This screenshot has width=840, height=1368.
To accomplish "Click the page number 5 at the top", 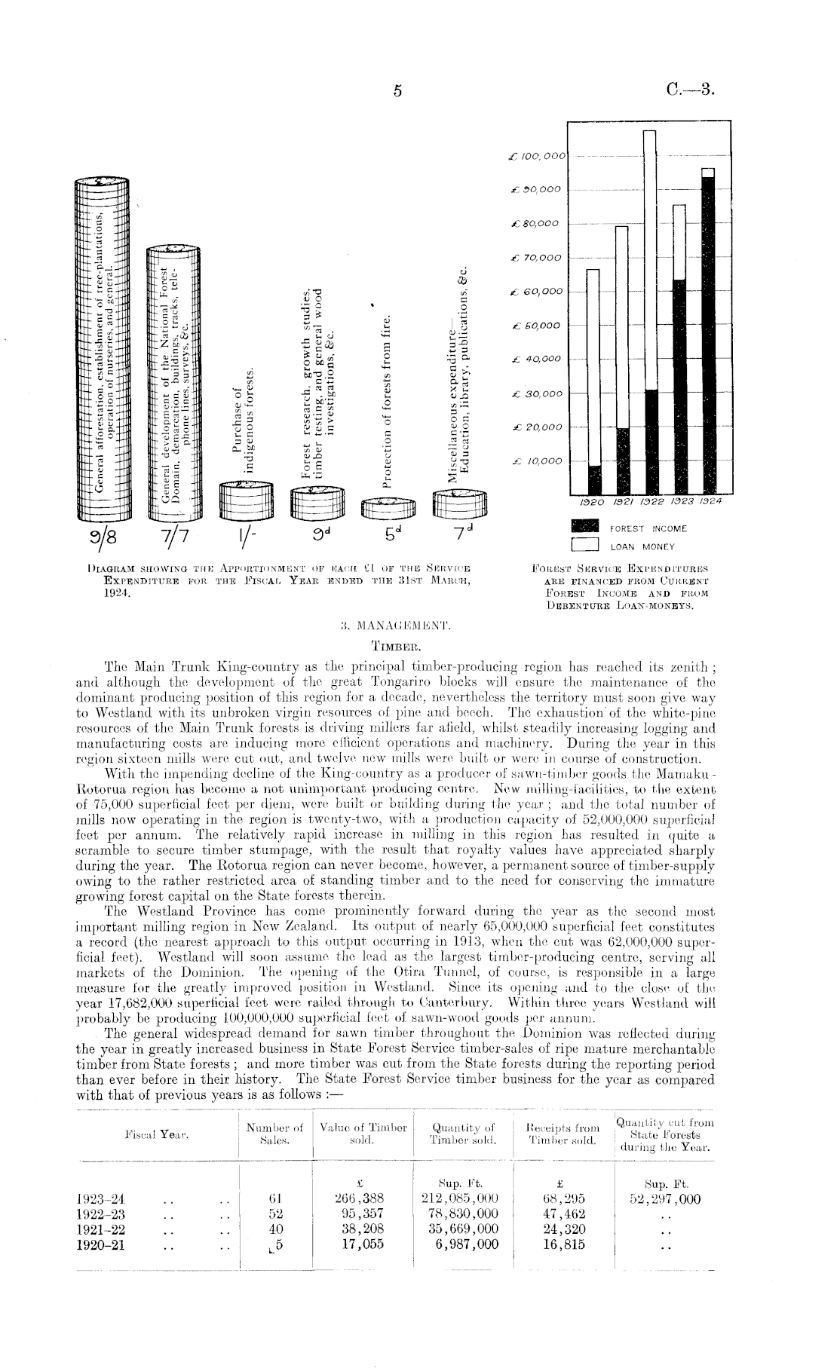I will [398, 91].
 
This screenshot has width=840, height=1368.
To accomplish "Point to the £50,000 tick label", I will [535, 326].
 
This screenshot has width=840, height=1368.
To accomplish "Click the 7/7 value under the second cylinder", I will [173, 540].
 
